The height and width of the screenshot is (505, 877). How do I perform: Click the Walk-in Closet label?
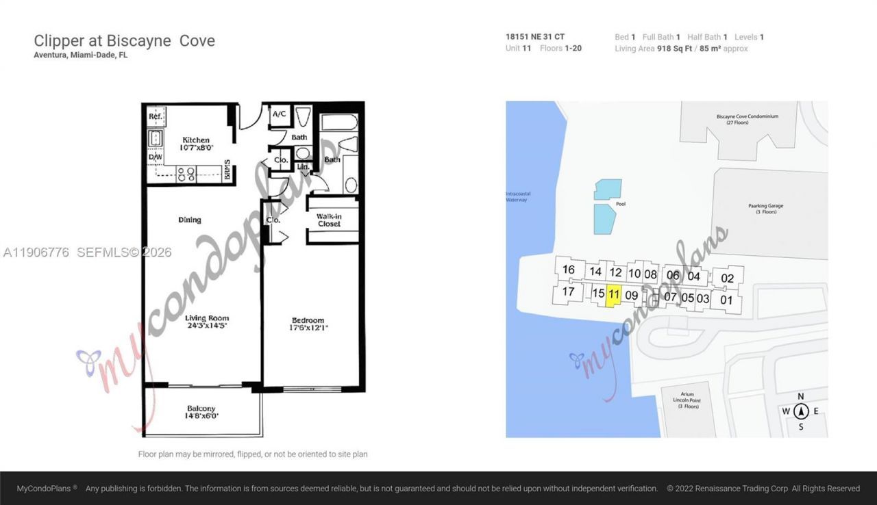(x=329, y=220)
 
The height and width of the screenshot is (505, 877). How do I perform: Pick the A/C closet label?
(x=280, y=114)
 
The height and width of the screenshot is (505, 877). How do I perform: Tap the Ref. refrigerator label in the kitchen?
(x=156, y=117)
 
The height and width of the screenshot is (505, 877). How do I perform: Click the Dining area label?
(x=190, y=220)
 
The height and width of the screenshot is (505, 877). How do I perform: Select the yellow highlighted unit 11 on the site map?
(x=614, y=296)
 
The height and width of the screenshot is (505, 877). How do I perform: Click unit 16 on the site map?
(x=568, y=270)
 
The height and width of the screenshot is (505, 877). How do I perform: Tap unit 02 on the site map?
(x=727, y=278)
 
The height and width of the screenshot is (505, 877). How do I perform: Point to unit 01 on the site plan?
(x=726, y=299)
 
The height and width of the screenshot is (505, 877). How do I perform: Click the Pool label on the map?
(x=621, y=204)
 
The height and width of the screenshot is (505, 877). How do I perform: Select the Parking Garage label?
(x=765, y=209)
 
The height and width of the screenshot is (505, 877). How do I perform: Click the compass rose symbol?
(x=801, y=411)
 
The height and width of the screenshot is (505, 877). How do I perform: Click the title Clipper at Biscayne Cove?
(x=124, y=41)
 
